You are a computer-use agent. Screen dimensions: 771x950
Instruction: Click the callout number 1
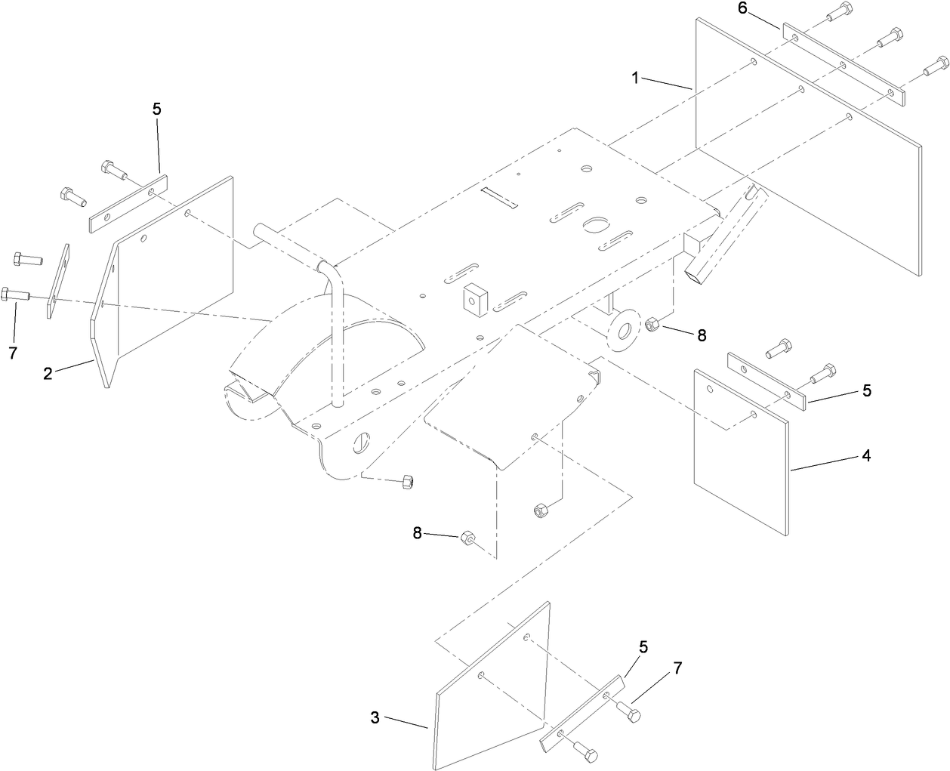(x=636, y=77)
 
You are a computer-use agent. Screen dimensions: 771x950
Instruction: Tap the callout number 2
(x=48, y=373)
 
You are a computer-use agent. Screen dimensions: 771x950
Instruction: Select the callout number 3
(x=375, y=717)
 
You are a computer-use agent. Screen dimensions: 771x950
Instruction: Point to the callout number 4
(x=867, y=455)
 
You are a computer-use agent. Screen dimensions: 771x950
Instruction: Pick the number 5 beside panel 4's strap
(x=867, y=390)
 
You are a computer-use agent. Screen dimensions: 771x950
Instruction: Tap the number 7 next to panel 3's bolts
(x=677, y=668)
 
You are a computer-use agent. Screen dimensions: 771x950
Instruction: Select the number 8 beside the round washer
(x=702, y=335)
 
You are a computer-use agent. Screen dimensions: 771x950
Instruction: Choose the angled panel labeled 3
(x=491, y=687)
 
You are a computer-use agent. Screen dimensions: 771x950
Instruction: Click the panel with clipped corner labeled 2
(x=166, y=279)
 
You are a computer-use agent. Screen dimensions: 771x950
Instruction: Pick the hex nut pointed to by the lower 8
(x=467, y=538)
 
